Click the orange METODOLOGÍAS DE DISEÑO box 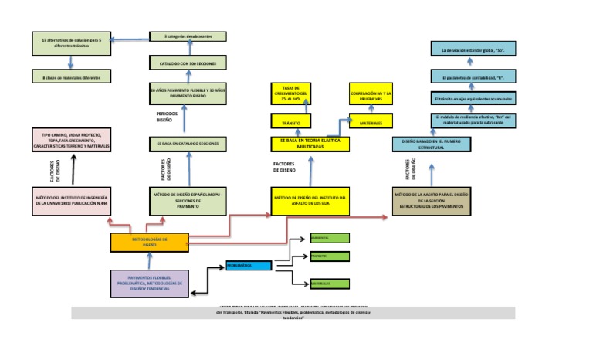pyautogui.click(x=149, y=242)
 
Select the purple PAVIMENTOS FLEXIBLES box pyautogui.click(x=149, y=282)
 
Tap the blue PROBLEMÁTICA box pyautogui.click(x=249, y=266)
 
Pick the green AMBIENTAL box pyautogui.click(x=329, y=237)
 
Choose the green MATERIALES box pyautogui.click(x=329, y=284)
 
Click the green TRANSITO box pyautogui.click(x=329, y=256)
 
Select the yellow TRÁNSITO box pyautogui.click(x=290, y=121)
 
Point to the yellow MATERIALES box pyautogui.click(x=371, y=121)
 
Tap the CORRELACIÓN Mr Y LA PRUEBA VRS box pyautogui.click(x=371, y=95)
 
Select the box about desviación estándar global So pyautogui.click(x=473, y=50)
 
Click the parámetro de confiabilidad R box pyautogui.click(x=473, y=77)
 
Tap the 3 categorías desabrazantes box pyautogui.click(x=188, y=36)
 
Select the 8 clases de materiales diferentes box pyautogui.click(x=71, y=76)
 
